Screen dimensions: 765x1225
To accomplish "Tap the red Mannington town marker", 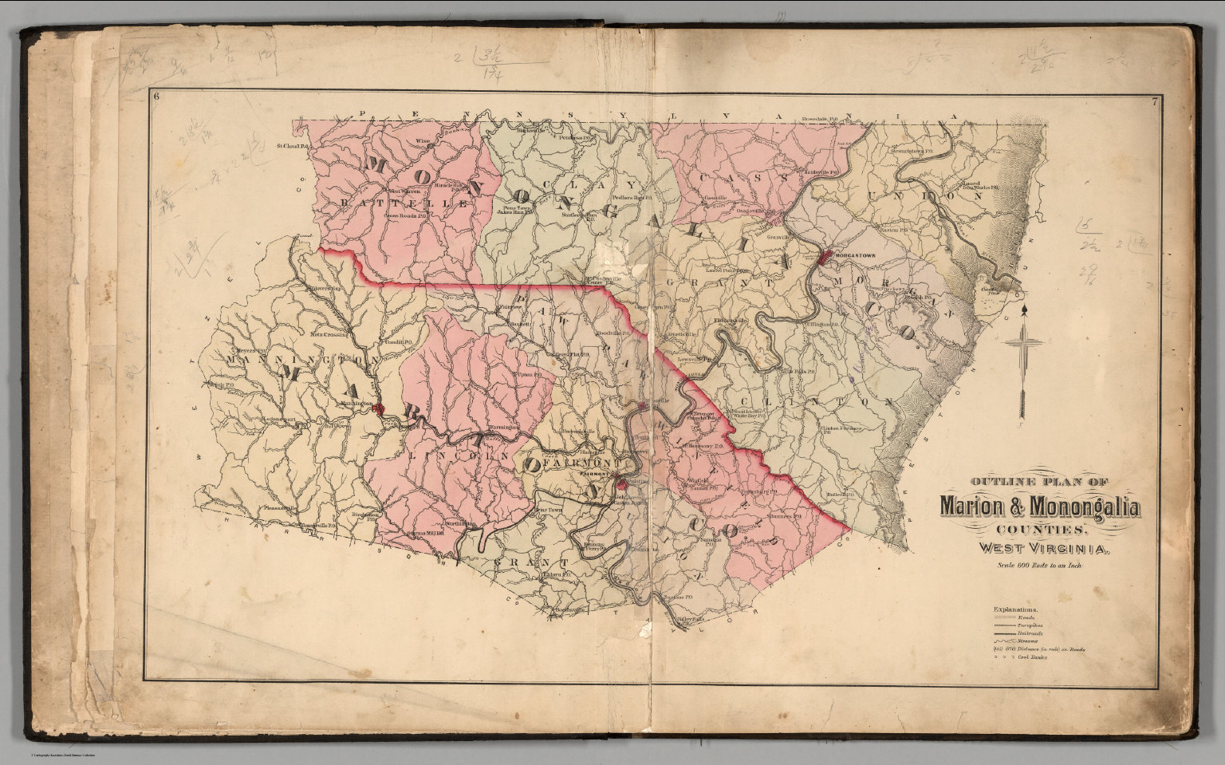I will [x=380, y=410].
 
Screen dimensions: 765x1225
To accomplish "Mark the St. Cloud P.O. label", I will [x=293, y=146].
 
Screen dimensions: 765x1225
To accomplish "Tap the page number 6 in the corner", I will [x=158, y=98].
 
